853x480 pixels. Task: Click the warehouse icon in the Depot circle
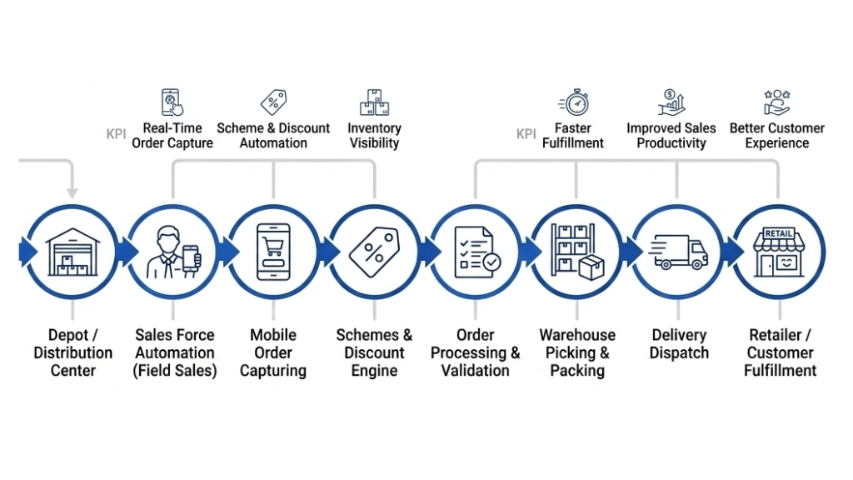[x=73, y=251]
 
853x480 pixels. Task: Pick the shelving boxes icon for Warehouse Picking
[x=577, y=251]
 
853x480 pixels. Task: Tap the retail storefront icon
[x=779, y=251]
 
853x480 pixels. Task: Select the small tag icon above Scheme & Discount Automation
[x=273, y=102]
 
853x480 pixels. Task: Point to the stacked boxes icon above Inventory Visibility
[x=375, y=102]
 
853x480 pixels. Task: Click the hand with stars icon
[x=776, y=102]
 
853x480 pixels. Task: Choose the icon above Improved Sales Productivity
[x=671, y=102]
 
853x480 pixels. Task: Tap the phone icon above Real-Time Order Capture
[x=172, y=102]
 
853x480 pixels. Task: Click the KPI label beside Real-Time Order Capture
[x=117, y=134]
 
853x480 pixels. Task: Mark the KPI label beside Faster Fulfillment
[x=526, y=134]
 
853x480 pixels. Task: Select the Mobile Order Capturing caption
[x=273, y=352]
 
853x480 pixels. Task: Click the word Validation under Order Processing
[x=476, y=371]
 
